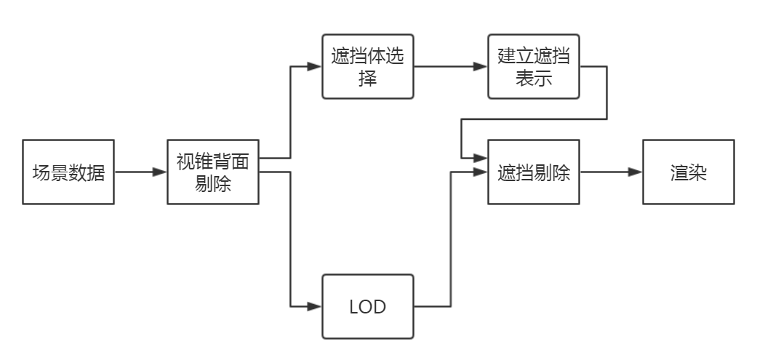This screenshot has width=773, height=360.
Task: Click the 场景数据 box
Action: point(69,172)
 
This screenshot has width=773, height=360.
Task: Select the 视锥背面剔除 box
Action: point(213,172)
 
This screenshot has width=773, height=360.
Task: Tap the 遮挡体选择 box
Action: point(368,66)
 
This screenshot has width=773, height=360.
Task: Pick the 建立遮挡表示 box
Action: point(534,66)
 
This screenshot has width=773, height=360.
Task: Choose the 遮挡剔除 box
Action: point(534,172)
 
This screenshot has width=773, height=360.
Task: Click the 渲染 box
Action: point(688,172)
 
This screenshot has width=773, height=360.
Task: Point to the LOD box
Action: point(368,306)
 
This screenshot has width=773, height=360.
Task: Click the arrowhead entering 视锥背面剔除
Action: point(160,172)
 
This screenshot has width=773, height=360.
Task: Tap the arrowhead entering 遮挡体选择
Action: point(314,66)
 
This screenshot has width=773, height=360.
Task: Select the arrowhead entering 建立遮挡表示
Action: point(480,66)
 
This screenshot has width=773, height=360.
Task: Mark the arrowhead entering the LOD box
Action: point(314,306)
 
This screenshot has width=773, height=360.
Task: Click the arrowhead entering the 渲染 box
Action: point(635,172)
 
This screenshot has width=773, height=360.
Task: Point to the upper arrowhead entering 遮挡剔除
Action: point(480,157)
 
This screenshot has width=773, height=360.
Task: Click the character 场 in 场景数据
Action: point(41,173)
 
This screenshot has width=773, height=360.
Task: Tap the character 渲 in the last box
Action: point(678,173)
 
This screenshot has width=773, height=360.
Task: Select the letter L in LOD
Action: point(353,307)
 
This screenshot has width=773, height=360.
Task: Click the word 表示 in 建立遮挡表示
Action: point(534,79)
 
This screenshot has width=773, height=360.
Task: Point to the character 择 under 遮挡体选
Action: point(368,79)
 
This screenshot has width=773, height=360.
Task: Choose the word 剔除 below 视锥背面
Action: point(213,184)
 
